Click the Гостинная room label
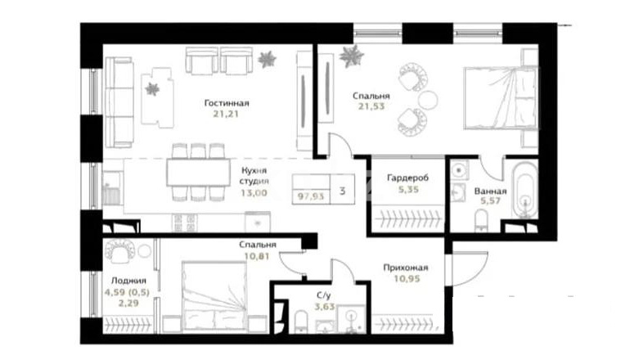point(226,103)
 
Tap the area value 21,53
point(371,106)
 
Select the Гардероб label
point(407,178)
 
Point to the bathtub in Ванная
point(524,191)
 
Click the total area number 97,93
point(311,196)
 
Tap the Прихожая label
point(406,268)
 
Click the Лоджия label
point(128,281)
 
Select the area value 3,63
point(324,306)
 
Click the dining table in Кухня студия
point(198,173)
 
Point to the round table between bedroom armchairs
point(428,100)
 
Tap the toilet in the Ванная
point(481,221)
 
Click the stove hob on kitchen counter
point(185,223)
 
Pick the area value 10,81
point(257,256)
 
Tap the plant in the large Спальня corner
point(351,56)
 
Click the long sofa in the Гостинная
point(119,102)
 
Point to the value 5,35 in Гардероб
point(408,189)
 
